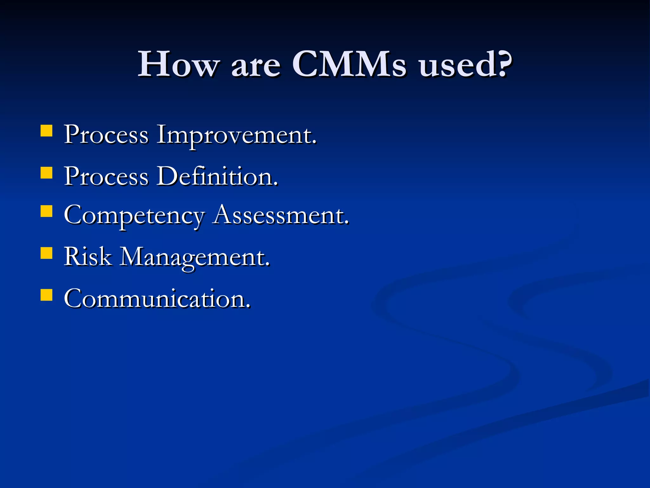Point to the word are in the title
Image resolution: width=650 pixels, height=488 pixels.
click(256, 67)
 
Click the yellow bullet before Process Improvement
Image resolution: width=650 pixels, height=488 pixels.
click(47, 131)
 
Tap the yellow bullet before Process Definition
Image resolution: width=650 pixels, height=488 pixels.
click(47, 173)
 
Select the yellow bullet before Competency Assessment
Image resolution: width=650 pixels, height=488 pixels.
click(47, 211)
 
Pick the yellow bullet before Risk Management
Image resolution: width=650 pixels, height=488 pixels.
click(47, 253)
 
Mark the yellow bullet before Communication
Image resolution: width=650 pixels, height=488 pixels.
click(47, 295)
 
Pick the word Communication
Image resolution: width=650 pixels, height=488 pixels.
click(156, 299)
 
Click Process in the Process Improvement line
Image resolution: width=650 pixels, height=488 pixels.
click(106, 135)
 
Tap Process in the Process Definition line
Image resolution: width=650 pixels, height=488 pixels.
click(106, 177)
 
